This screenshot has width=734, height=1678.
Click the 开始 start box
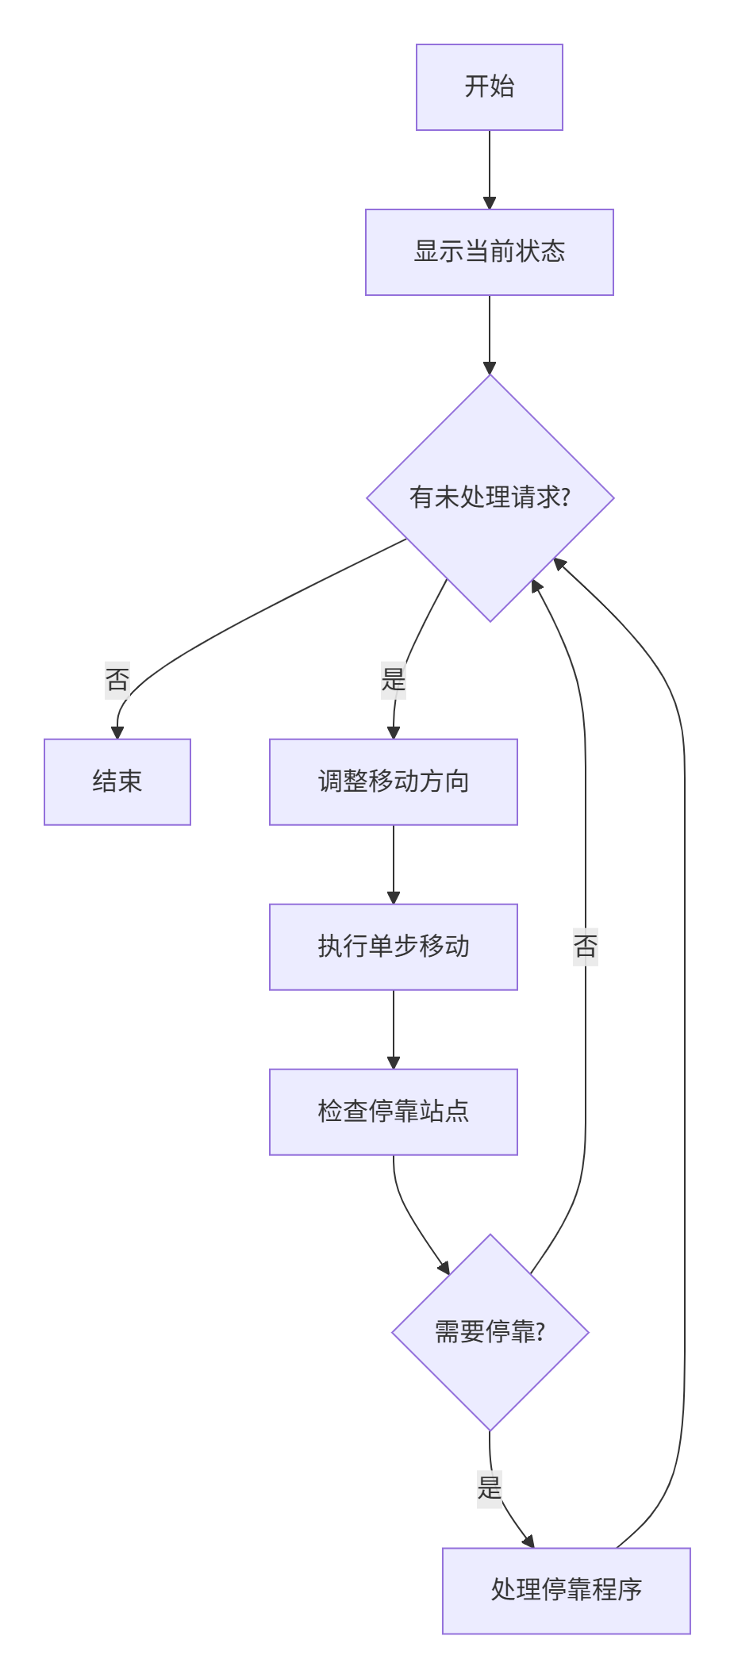point(489,87)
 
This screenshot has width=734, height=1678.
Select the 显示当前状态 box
point(489,252)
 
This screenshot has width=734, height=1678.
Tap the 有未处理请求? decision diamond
point(490,497)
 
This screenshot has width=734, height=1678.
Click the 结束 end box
point(117,781)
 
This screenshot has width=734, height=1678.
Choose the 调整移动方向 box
point(393,781)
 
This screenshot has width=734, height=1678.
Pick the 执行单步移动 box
point(393,947)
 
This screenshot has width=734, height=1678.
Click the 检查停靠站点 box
point(393,1112)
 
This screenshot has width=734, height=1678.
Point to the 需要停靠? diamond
point(490,1332)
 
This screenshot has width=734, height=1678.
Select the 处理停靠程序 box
point(566,1590)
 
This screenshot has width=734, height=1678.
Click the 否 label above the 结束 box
point(117,680)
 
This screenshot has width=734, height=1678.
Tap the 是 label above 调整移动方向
point(394,680)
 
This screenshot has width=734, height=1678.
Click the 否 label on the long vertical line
point(586,947)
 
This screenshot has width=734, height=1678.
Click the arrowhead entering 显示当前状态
point(490,203)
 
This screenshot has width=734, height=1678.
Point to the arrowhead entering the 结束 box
point(117,732)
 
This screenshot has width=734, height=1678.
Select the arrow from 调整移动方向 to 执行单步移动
point(394,865)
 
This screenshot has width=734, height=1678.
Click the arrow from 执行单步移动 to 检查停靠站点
point(394,1030)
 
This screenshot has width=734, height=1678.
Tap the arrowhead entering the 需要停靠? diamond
point(444,1268)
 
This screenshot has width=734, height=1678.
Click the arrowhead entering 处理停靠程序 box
point(528,1541)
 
